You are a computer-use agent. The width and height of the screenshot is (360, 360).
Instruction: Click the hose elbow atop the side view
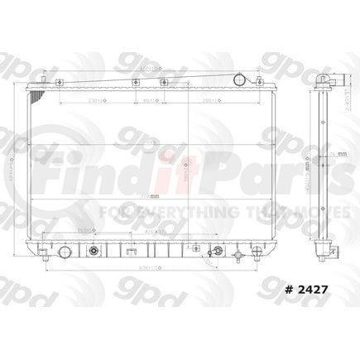(331, 80)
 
